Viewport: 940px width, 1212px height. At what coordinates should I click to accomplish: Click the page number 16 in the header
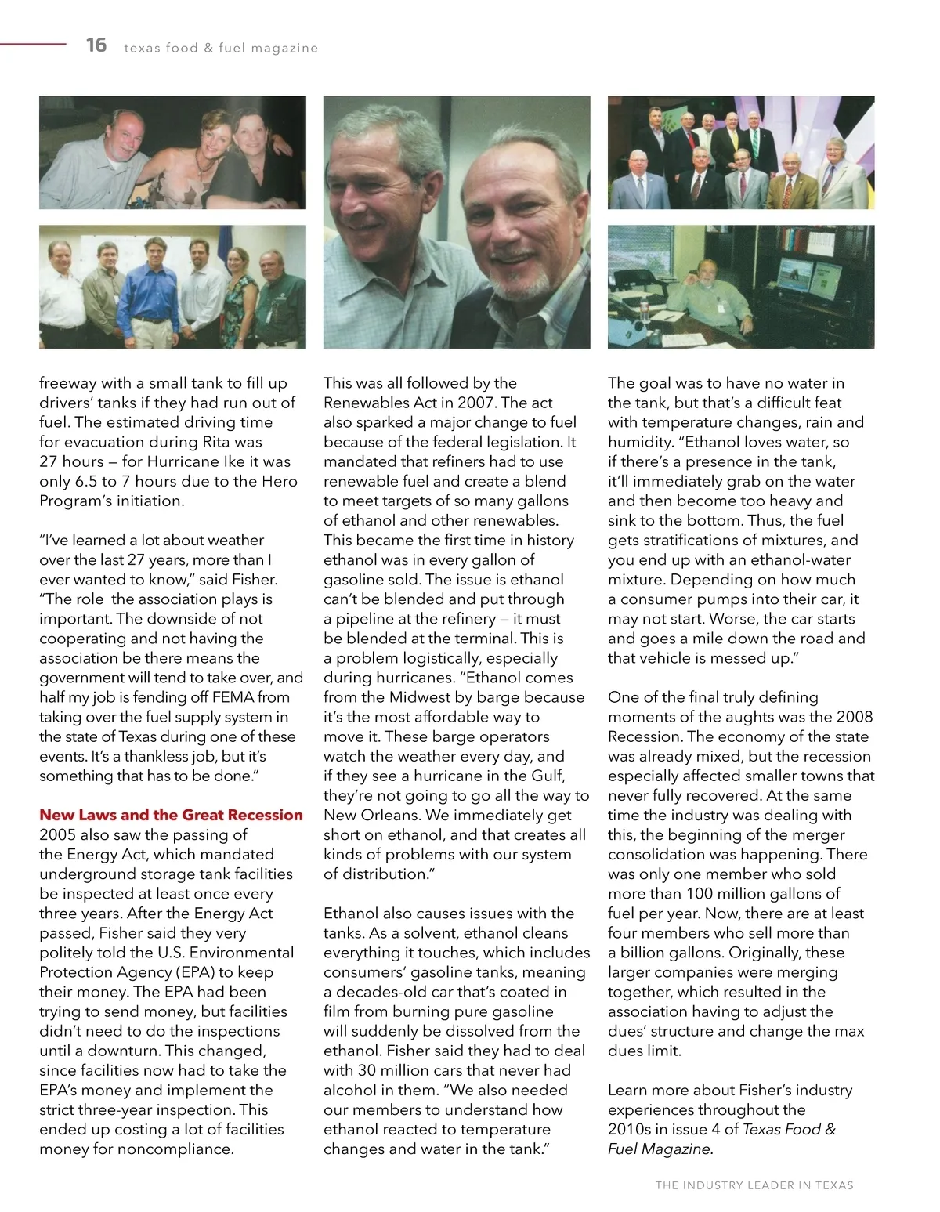tap(96, 45)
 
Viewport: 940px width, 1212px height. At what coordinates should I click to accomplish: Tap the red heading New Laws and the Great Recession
tap(171, 815)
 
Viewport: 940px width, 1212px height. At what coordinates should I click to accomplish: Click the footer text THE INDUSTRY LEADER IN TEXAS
tap(754, 1185)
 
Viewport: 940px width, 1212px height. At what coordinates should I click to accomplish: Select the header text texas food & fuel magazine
tap(221, 49)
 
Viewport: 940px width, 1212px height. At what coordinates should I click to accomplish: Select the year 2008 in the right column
tap(854, 717)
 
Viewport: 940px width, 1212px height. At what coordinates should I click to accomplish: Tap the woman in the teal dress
tap(239, 306)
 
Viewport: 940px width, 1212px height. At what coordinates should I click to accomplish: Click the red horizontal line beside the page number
tap(33, 45)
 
